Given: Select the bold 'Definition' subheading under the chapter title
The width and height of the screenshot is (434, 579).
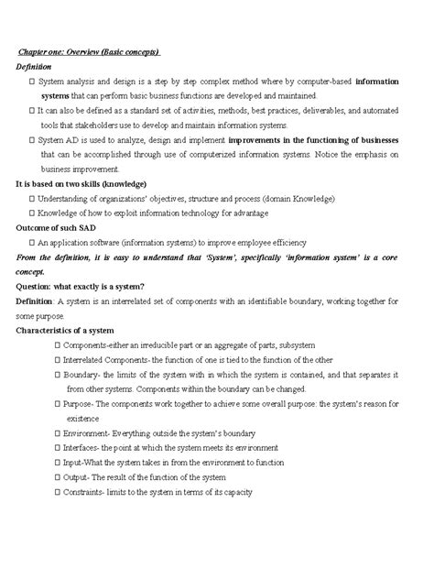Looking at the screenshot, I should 34,67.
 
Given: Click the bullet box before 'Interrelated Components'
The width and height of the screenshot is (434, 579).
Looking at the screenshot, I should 58,359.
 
